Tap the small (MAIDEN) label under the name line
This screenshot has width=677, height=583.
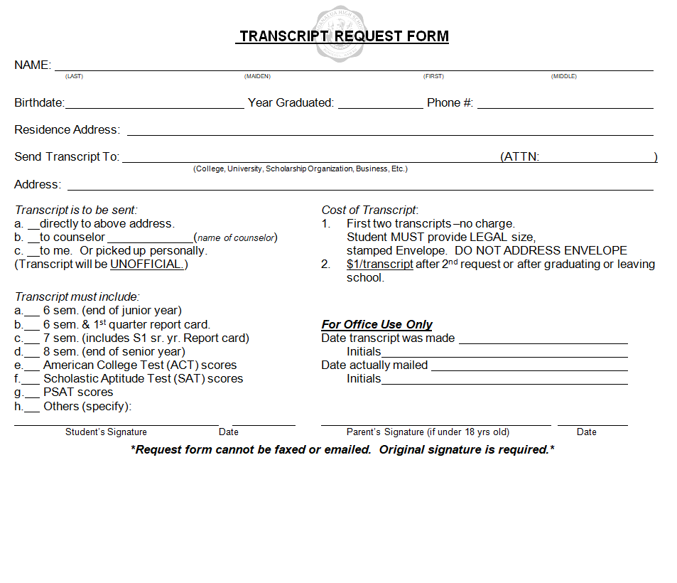point(257,76)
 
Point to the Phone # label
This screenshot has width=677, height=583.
point(450,103)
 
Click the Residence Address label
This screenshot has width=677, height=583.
point(67,130)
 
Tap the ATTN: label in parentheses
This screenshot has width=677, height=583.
point(521,157)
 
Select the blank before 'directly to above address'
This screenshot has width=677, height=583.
point(33,226)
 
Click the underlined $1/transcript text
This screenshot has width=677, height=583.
point(380,264)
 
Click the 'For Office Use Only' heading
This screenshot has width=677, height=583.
point(377,325)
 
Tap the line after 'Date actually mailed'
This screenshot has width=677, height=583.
point(529,368)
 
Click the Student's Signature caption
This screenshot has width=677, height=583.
point(106,432)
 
